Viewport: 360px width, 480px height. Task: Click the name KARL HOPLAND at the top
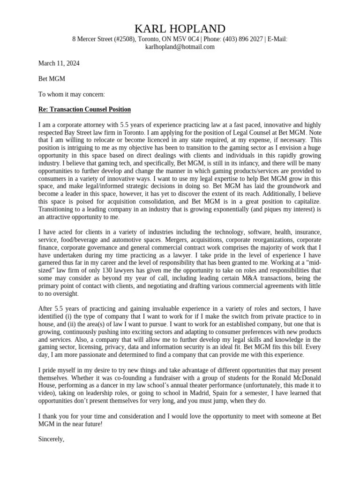[180, 29]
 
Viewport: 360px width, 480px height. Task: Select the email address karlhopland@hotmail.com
[180, 47]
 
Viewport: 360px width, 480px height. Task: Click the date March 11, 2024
[59, 63]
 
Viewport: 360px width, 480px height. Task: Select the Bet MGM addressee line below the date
[52, 79]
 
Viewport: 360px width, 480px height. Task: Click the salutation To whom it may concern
[72, 94]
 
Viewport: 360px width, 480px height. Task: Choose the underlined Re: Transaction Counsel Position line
[84, 110]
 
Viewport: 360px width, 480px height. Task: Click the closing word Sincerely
[51, 439]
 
